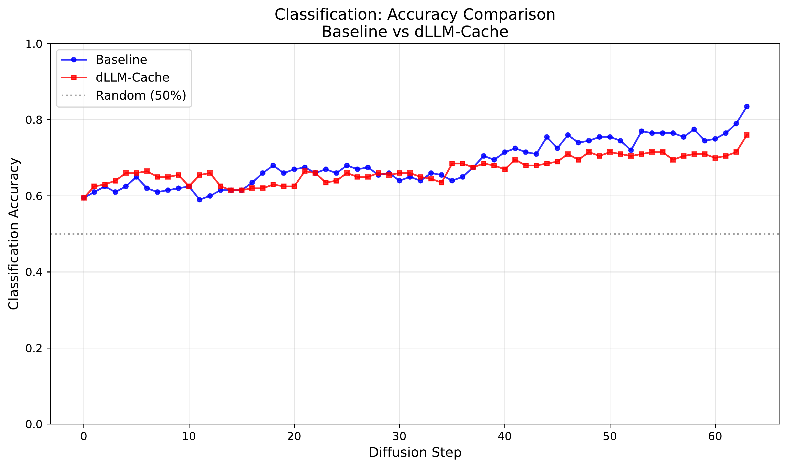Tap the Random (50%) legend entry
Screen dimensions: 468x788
(141, 96)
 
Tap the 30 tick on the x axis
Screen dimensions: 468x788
(399, 437)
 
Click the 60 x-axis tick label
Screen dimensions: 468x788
(715, 437)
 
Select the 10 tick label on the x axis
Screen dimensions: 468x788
(189, 437)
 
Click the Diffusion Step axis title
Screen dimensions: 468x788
(415, 453)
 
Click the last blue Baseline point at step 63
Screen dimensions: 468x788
(747, 107)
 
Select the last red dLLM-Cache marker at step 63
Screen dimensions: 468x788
(747, 135)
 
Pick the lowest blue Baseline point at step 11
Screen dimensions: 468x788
(199, 200)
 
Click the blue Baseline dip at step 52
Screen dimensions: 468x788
(631, 150)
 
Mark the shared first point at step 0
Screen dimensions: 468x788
(84, 198)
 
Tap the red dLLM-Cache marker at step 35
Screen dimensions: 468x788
(452, 163)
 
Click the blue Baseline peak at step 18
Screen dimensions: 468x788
(273, 165)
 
